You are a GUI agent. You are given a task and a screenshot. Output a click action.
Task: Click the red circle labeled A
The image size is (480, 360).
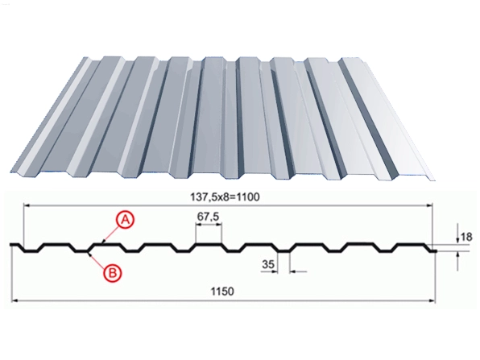pyautogui.click(x=125, y=220)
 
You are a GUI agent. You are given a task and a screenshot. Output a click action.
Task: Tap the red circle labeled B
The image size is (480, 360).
pyautogui.click(x=112, y=273)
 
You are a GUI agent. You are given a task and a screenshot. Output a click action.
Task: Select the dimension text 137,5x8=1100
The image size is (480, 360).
pyautogui.click(x=225, y=197)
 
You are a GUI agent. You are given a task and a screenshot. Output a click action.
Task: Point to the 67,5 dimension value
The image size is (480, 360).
pyautogui.click(x=208, y=217)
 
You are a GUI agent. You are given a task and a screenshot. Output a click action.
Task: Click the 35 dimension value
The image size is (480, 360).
pyautogui.click(x=268, y=264)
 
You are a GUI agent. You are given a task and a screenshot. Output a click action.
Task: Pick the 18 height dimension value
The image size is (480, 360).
pyautogui.click(x=466, y=237)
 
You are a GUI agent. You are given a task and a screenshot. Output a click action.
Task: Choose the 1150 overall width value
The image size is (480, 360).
pyautogui.click(x=222, y=291)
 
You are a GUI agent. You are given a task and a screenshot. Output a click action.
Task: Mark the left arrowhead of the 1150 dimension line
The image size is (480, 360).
pyautogui.click(x=14, y=301)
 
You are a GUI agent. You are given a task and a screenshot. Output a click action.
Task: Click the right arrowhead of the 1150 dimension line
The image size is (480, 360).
pyautogui.click(x=432, y=301)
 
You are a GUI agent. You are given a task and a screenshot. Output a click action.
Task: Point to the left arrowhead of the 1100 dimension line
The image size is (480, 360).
pyautogui.click(x=27, y=206)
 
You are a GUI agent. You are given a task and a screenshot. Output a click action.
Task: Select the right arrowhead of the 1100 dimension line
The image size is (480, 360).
pyautogui.click(x=429, y=206)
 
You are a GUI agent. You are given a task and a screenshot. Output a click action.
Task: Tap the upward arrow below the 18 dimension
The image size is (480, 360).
pyautogui.click(x=457, y=259)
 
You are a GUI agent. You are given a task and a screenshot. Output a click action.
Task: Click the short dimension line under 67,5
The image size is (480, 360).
pyautogui.click(x=209, y=225)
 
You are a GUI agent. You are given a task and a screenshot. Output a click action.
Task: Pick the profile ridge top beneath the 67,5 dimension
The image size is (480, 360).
pyautogui.click(x=209, y=244)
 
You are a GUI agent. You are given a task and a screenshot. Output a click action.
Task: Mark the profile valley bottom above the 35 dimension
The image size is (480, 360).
pyautogui.click(x=283, y=251)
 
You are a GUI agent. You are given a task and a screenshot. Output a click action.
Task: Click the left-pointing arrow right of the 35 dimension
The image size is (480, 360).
pyautogui.click(x=298, y=271)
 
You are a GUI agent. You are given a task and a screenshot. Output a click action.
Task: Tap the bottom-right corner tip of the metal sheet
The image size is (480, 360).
pyautogui.click(x=435, y=180)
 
